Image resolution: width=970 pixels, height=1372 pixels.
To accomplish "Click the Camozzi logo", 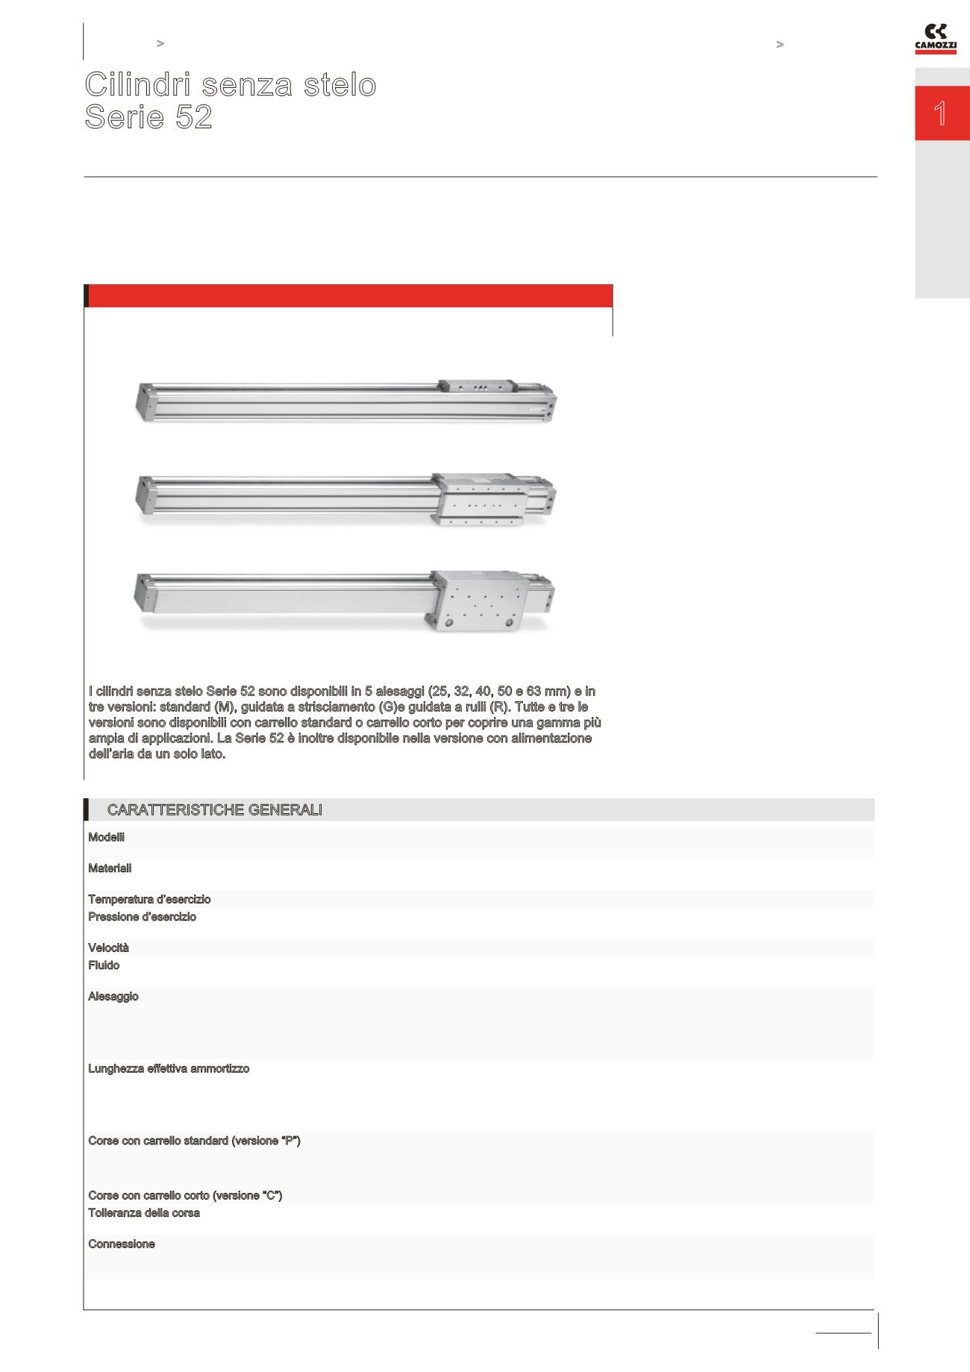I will [x=936, y=40].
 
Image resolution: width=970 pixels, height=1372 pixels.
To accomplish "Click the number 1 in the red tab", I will [x=941, y=113].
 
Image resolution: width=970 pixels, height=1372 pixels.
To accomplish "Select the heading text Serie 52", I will [x=148, y=117].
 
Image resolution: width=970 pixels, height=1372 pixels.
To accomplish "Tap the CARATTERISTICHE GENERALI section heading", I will [x=215, y=810].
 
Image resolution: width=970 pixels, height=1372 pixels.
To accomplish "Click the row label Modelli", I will [x=106, y=837].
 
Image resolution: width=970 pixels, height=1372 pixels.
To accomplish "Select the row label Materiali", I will [x=110, y=868].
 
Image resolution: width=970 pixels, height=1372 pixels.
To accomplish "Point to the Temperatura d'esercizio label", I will [x=149, y=900].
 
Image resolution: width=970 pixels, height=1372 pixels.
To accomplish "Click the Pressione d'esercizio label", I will [x=142, y=917].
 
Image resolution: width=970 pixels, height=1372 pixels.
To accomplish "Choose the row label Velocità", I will [x=108, y=948].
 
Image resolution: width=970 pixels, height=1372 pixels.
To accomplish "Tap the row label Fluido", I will [x=104, y=965].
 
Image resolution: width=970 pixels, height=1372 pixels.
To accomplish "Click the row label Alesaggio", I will [x=113, y=997].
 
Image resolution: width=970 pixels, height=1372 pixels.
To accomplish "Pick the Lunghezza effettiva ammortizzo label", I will [x=169, y=1069].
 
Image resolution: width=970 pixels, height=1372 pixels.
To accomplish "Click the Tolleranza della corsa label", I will [x=144, y=1213].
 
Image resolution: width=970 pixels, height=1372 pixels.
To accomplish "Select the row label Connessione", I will [x=122, y=1244].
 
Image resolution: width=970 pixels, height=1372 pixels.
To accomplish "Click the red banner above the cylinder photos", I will [x=348, y=295].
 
